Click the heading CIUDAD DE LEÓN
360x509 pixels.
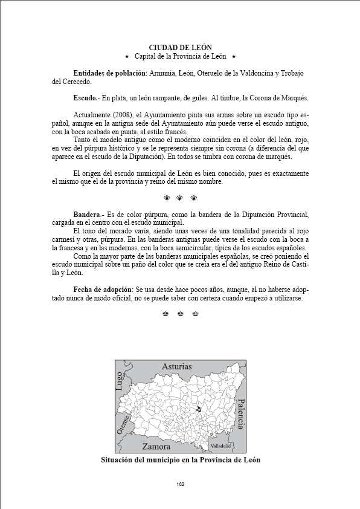click(180, 47)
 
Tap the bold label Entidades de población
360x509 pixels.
click(109, 73)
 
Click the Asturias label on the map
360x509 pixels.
click(176, 366)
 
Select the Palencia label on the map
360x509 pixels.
click(240, 414)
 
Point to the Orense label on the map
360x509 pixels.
click(124, 427)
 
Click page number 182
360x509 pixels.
click(180, 484)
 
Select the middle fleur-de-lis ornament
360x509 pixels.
click(180, 198)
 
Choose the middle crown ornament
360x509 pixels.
click(180, 313)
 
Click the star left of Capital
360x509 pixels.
click(127, 56)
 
